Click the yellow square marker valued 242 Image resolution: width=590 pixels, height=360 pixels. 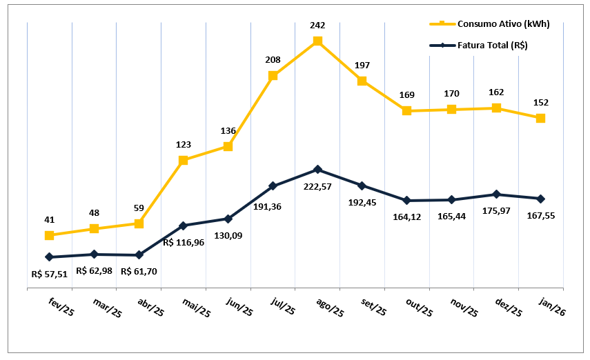tap(317, 41)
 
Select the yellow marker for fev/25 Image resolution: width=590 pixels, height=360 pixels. tap(49, 236)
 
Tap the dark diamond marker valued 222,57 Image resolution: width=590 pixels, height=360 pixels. tap(317, 170)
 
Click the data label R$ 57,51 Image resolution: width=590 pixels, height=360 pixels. tap(50, 274)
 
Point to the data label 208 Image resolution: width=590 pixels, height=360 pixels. tap(273, 60)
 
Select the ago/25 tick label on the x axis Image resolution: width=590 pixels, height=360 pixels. tap(330, 308)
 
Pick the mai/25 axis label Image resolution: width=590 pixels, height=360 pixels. tap(196, 308)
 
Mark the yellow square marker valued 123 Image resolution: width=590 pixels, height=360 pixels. tap(183, 161)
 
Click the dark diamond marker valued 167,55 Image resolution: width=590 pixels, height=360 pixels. tap(540, 199)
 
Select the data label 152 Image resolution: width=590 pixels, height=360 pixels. tap(540, 103)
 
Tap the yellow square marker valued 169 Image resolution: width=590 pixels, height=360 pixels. tap(406, 111)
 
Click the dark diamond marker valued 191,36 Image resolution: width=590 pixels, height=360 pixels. tap(273, 186)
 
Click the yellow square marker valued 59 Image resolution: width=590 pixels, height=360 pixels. tap(139, 223)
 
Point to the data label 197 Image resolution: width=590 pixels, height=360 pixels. tap(362, 66)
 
